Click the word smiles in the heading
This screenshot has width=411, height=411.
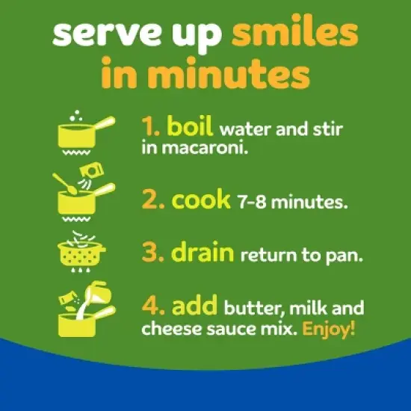click(x=295, y=34)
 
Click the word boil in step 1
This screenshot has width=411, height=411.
click(x=190, y=126)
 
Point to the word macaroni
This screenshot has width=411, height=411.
click(x=205, y=149)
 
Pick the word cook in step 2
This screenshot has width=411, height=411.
click(x=201, y=200)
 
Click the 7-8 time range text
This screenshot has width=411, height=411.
click(x=252, y=202)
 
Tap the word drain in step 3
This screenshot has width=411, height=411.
click(x=203, y=252)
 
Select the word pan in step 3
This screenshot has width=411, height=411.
click(x=344, y=256)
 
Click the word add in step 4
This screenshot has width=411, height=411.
click(x=194, y=305)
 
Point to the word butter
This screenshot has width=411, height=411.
click(x=254, y=308)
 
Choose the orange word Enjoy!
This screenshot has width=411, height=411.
click(x=329, y=328)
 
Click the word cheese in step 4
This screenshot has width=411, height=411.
click(x=172, y=328)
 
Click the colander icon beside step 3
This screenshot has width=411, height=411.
click(x=81, y=252)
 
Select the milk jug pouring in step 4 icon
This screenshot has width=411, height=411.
click(x=97, y=294)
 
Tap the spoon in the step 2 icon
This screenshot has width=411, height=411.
click(x=64, y=184)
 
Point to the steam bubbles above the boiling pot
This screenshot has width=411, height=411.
click(x=76, y=116)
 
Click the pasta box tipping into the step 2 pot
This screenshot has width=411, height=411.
click(x=92, y=170)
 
